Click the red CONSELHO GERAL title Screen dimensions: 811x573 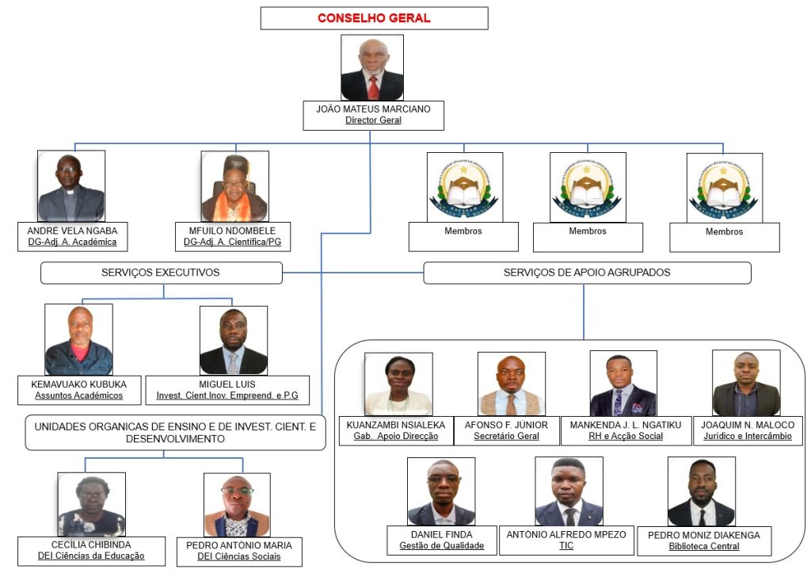(374, 18)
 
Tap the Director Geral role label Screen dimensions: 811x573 (374, 120)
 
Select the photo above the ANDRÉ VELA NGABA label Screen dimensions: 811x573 (71, 185)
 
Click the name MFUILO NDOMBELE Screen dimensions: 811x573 (232, 231)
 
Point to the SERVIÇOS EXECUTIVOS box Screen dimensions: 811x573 (162, 273)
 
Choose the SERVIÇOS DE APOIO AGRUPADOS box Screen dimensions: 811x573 (587, 273)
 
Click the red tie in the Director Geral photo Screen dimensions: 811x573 (374, 87)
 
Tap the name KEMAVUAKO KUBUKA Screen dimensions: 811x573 (78, 384)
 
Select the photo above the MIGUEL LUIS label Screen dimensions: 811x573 (234, 340)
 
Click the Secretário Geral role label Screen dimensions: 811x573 (506, 437)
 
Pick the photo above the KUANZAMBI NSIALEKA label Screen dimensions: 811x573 (398, 384)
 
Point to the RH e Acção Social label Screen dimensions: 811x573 (626, 437)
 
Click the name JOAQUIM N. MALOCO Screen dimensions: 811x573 (748, 425)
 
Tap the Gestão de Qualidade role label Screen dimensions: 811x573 (442, 545)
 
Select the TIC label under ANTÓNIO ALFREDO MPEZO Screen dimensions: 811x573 (566, 545)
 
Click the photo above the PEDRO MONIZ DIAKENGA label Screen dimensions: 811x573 (702, 491)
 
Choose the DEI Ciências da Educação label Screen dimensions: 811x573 (91, 556)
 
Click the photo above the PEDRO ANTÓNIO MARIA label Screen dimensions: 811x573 (237, 505)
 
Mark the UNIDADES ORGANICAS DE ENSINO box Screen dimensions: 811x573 (175, 433)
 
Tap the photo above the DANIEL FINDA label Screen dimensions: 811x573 (441, 491)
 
